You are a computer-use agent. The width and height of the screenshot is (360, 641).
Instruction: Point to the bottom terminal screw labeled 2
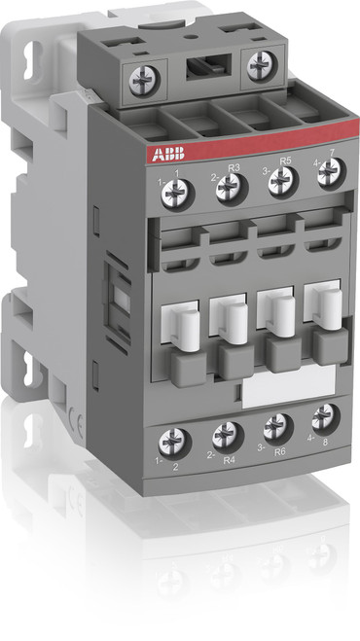click(x=177, y=441)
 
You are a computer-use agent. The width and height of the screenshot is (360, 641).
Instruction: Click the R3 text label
click(x=234, y=167)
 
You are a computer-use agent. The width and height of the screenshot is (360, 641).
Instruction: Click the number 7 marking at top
click(x=334, y=154)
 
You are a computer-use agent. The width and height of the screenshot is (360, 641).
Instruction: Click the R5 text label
click(x=285, y=162)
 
